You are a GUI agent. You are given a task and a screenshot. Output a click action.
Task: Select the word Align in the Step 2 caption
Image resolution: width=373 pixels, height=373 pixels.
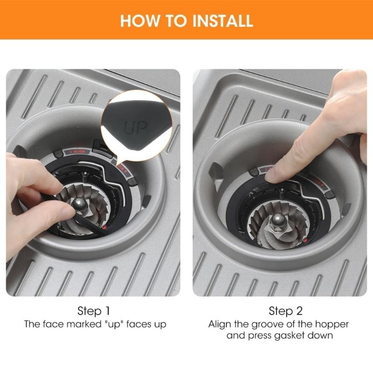pos(220,324)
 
